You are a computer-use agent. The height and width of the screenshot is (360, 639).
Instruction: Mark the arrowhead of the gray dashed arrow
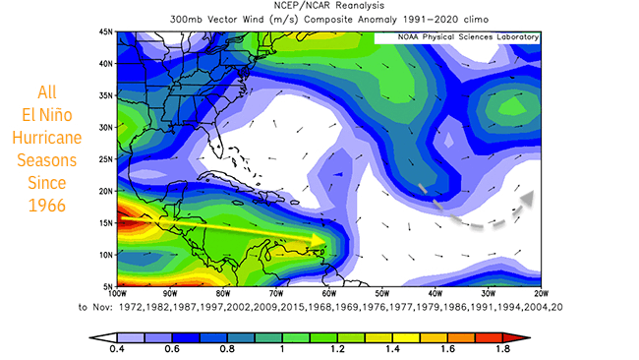[x=527, y=198]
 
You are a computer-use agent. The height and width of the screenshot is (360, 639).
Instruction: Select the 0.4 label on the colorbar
[x=119, y=347]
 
